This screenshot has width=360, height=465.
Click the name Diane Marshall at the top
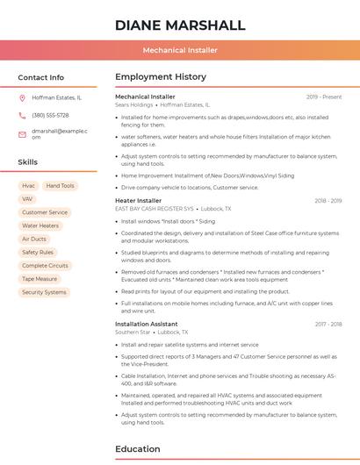pyautogui.click(x=180, y=25)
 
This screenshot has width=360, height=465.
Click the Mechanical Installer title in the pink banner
pyautogui.click(x=180, y=50)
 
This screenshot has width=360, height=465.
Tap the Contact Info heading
pyautogui.click(x=41, y=77)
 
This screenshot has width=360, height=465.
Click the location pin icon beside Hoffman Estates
pyautogui.click(x=22, y=98)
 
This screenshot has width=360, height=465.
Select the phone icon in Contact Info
pyautogui.click(x=22, y=115)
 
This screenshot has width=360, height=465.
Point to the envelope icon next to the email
pyautogui.click(x=22, y=134)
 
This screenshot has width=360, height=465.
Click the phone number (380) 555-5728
pyautogui.click(x=50, y=115)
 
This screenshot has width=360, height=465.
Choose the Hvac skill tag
pyautogui.click(x=28, y=186)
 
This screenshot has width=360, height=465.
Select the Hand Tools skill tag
pyautogui.click(x=61, y=186)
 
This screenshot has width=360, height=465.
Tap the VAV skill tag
pyautogui.click(x=27, y=199)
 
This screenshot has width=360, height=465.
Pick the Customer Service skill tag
pyautogui.click(x=45, y=212)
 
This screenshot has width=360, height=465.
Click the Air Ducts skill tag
pyautogui.click(x=34, y=239)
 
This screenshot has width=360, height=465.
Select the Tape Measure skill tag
pyautogui.click(x=40, y=279)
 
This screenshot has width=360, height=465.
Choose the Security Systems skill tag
pyautogui.click(x=44, y=292)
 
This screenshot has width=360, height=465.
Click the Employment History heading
pyautogui.click(x=161, y=77)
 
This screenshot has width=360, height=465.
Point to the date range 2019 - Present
pyautogui.click(x=324, y=97)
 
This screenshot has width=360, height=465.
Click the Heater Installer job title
pyautogui.click(x=138, y=201)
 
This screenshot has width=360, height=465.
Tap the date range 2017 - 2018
pyautogui.click(x=328, y=324)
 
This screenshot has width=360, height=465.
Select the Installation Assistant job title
pyautogui.click(x=146, y=324)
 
